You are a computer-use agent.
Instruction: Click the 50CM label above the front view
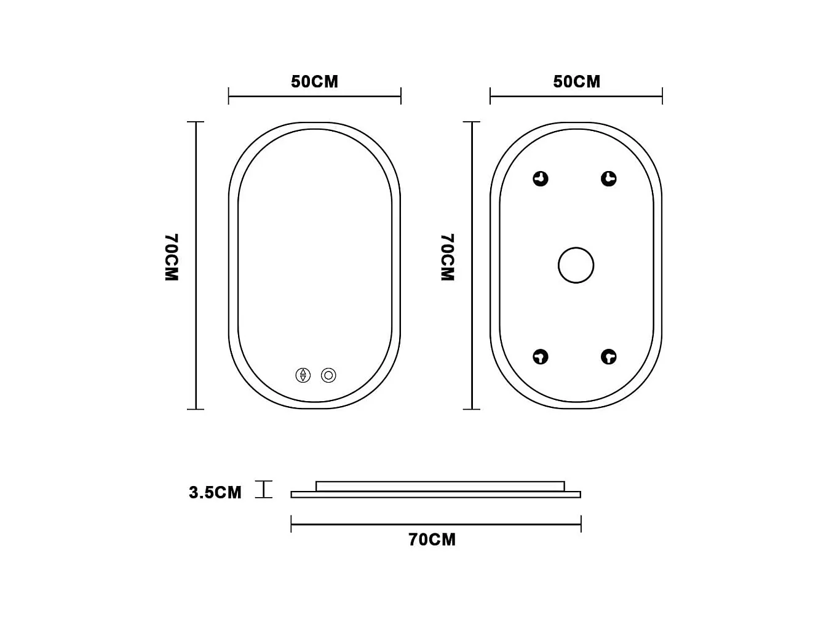(x=314, y=82)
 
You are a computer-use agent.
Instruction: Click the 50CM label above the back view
(x=576, y=82)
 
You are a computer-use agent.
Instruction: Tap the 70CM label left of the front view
(x=172, y=257)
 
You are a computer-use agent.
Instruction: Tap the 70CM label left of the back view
(x=448, y=257)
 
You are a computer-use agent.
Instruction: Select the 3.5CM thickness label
(x=215, y=492)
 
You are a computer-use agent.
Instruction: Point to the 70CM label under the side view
(x=432, y=540)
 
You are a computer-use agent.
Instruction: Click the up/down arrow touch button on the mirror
(x=303, y=375)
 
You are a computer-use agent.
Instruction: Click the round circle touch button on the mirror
(x=328, y=375)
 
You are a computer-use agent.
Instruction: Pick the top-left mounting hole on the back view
(x=541, y=178)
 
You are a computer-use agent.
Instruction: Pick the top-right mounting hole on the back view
(x=608, y=178)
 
